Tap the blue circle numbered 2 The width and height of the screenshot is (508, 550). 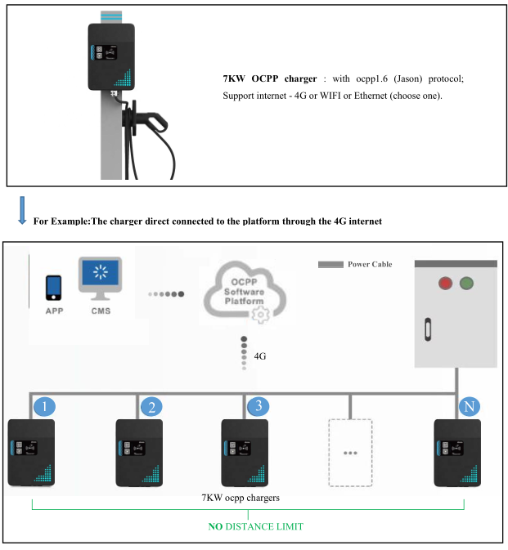point(151,406)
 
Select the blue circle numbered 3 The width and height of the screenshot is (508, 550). point(258,406)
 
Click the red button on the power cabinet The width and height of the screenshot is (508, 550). point(446,284)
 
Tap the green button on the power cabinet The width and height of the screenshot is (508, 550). point(467,284)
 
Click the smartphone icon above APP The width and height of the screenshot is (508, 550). point(54,287)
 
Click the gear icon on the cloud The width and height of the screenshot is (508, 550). point(261,315)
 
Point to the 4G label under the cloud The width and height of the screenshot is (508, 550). point(260,356)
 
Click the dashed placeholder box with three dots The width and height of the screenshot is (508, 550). point(350,452)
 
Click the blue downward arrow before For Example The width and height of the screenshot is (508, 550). point(21,210)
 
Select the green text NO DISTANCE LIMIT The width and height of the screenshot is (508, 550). point(255,526)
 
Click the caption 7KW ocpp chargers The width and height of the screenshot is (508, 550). point(242,497)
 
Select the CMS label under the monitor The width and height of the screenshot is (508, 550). point(101,311)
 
